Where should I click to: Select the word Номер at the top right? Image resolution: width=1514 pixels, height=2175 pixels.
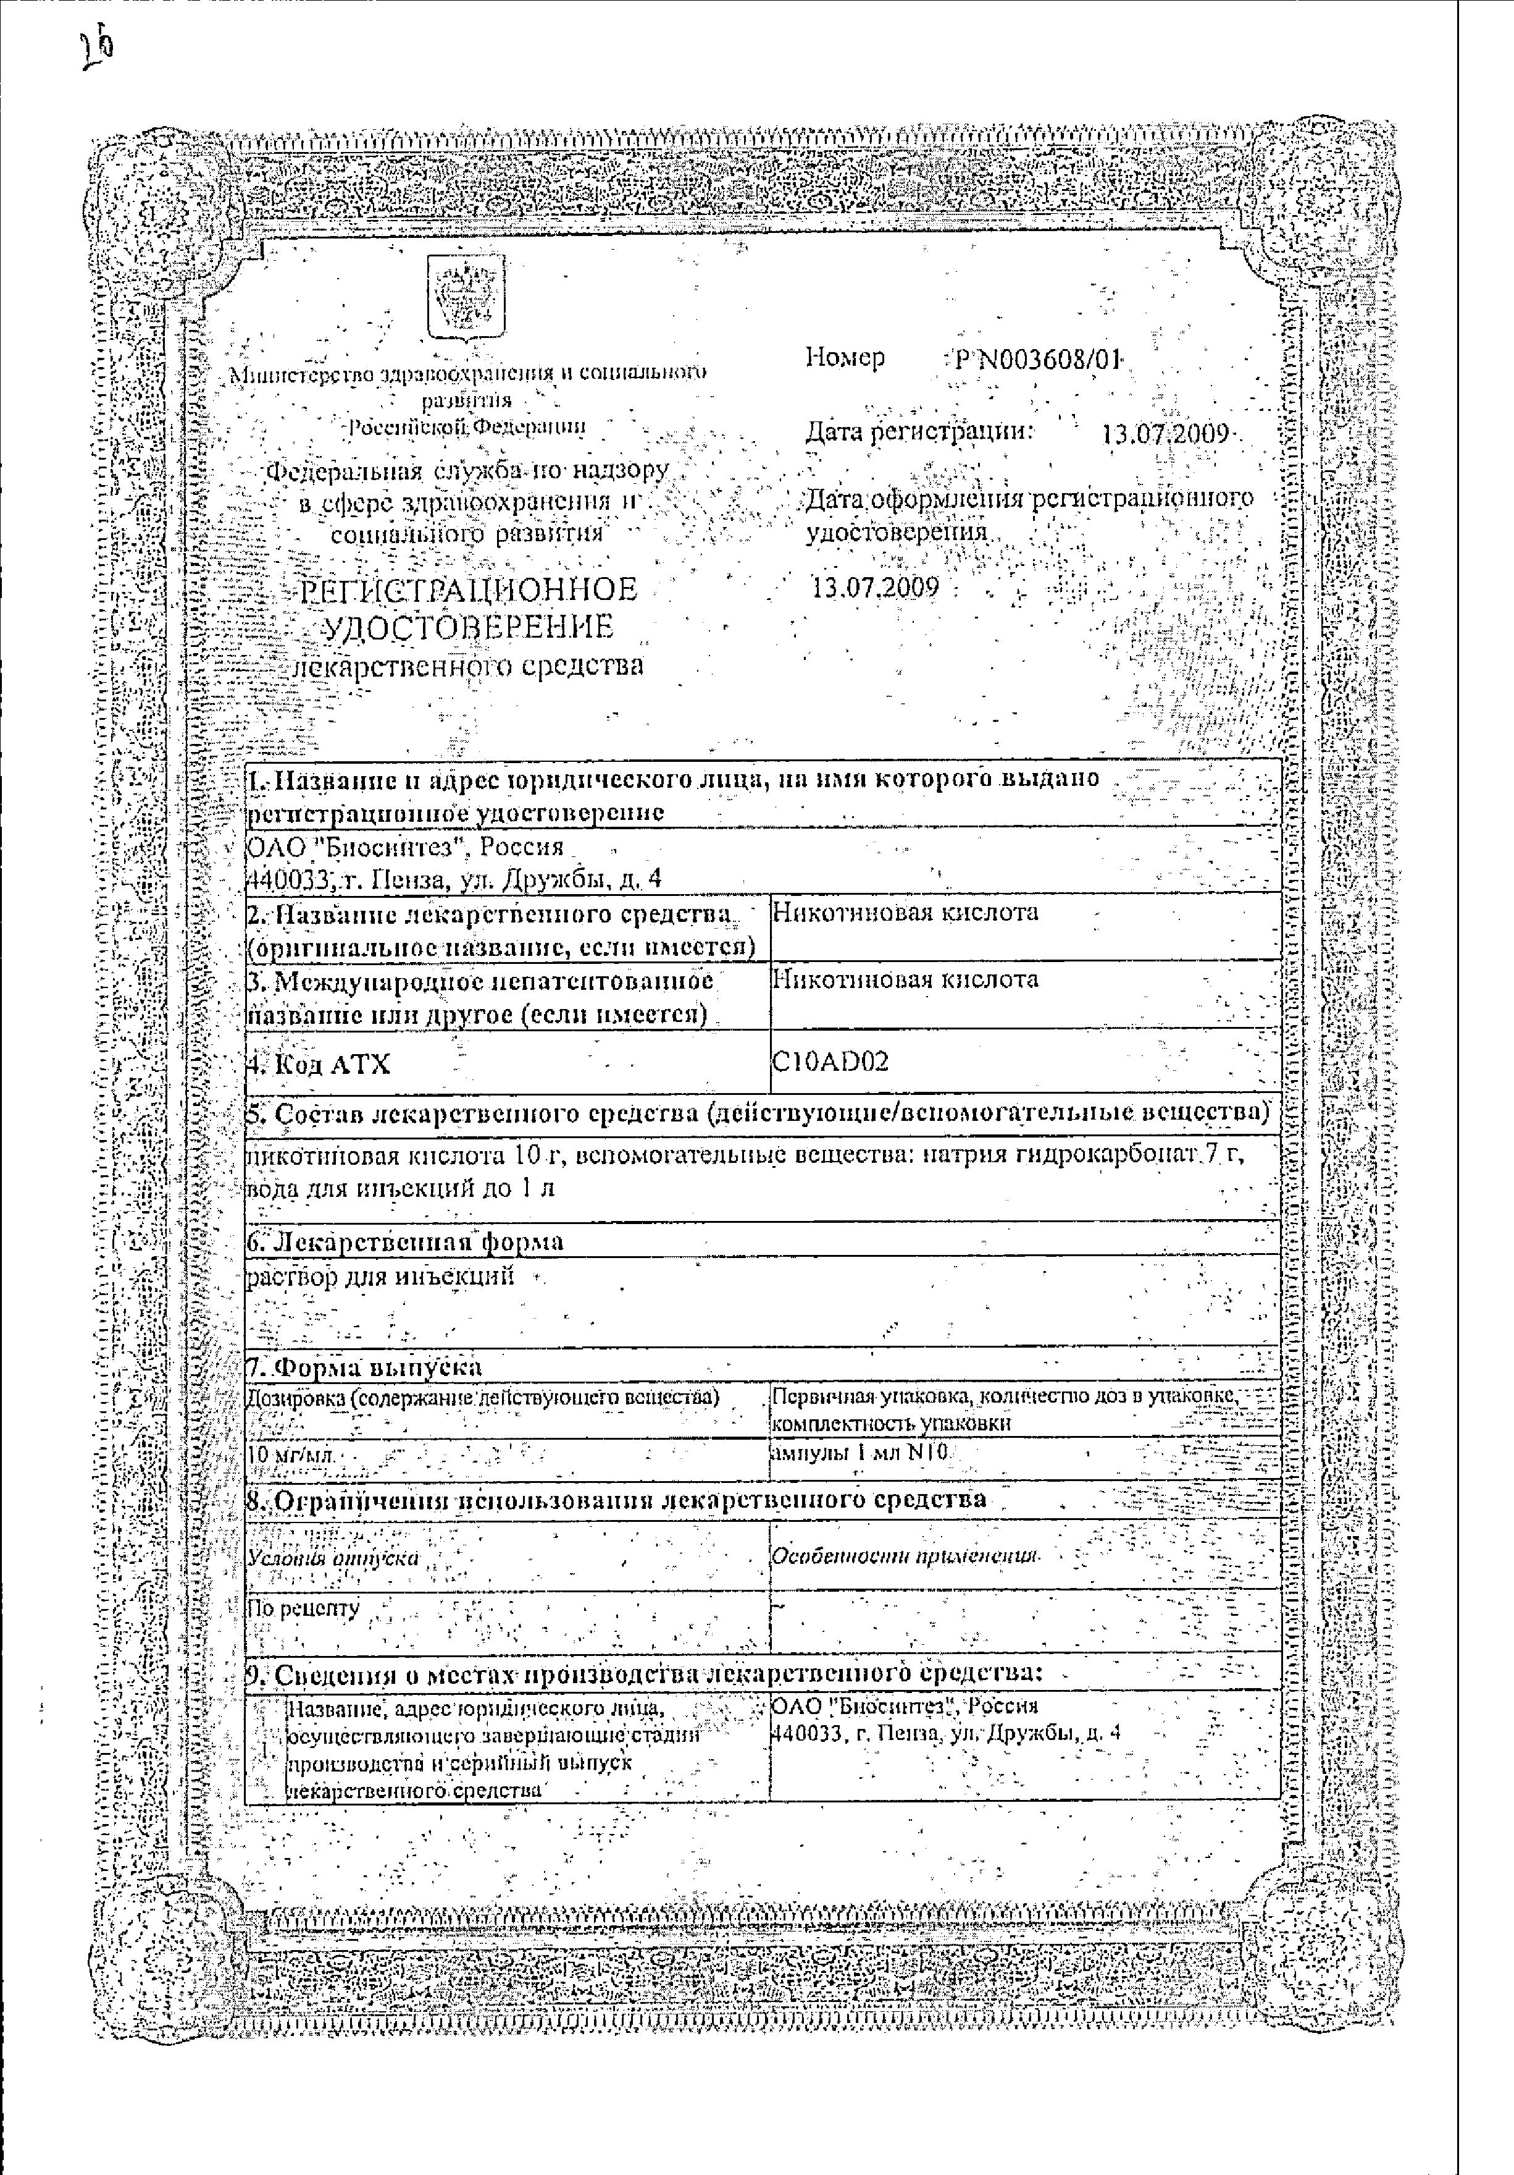(x=845, y=357)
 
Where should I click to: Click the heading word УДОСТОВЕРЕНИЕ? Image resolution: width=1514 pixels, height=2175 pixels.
(x=470, y=627)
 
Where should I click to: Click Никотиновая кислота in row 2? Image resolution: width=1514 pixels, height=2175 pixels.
(x=905, y=912)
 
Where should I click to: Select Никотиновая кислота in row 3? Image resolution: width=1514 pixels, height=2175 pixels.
(x=905, y=979)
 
